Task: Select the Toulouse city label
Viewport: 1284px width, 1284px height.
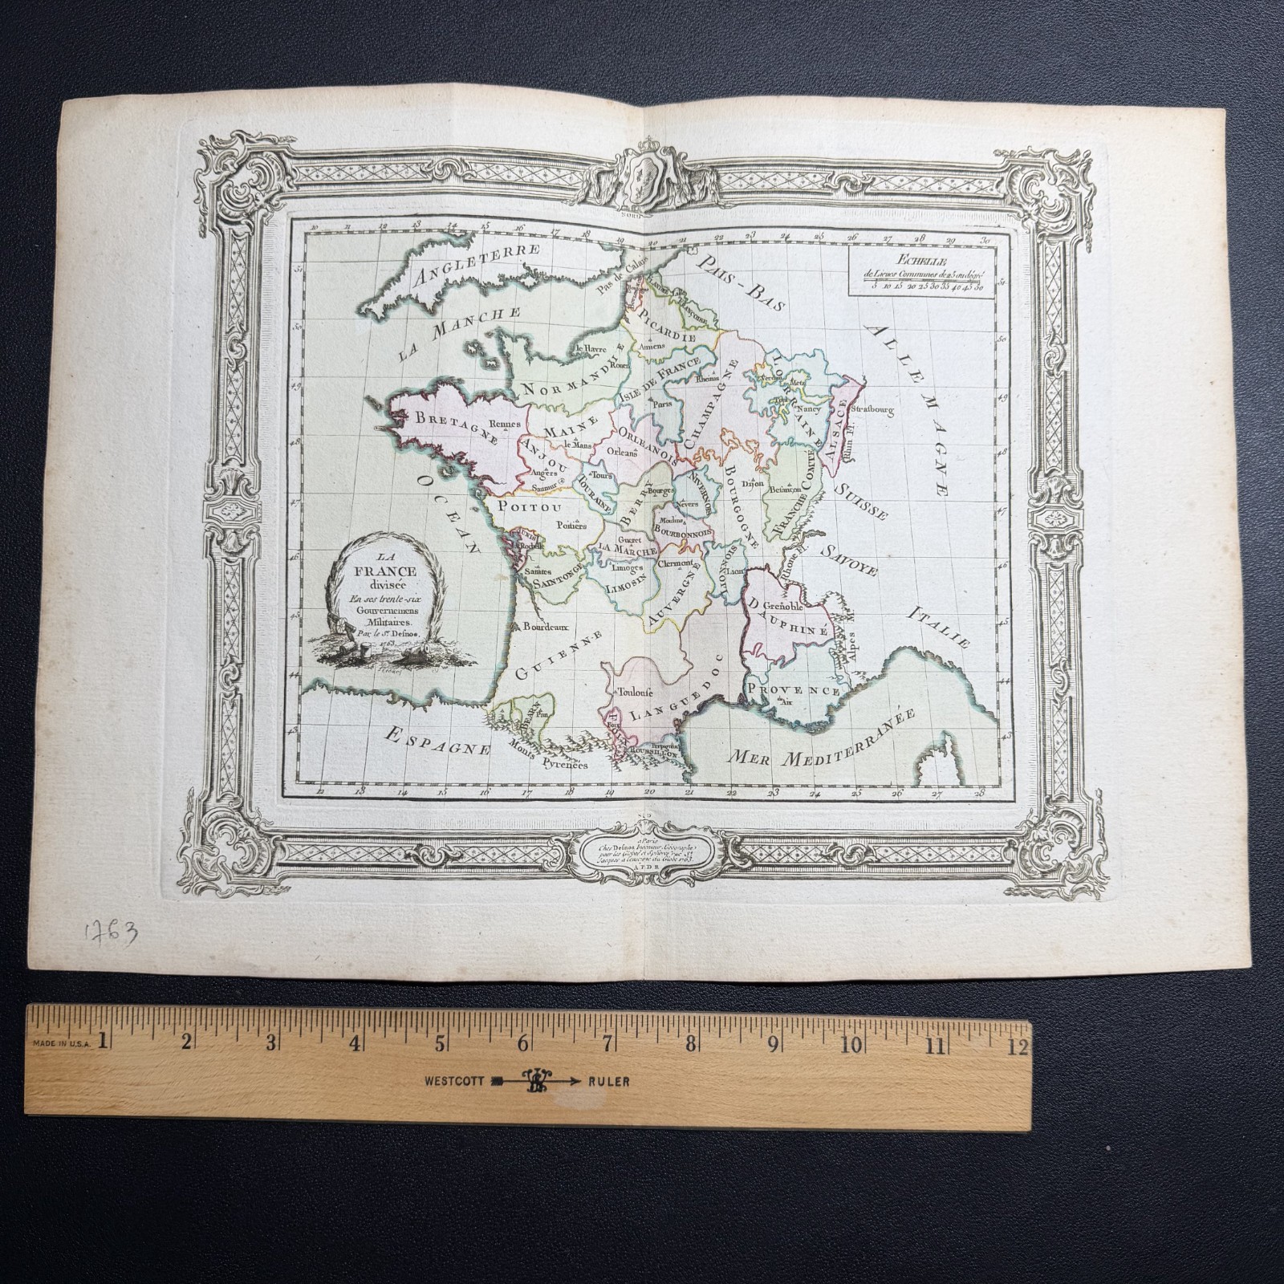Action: coord(634,689)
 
